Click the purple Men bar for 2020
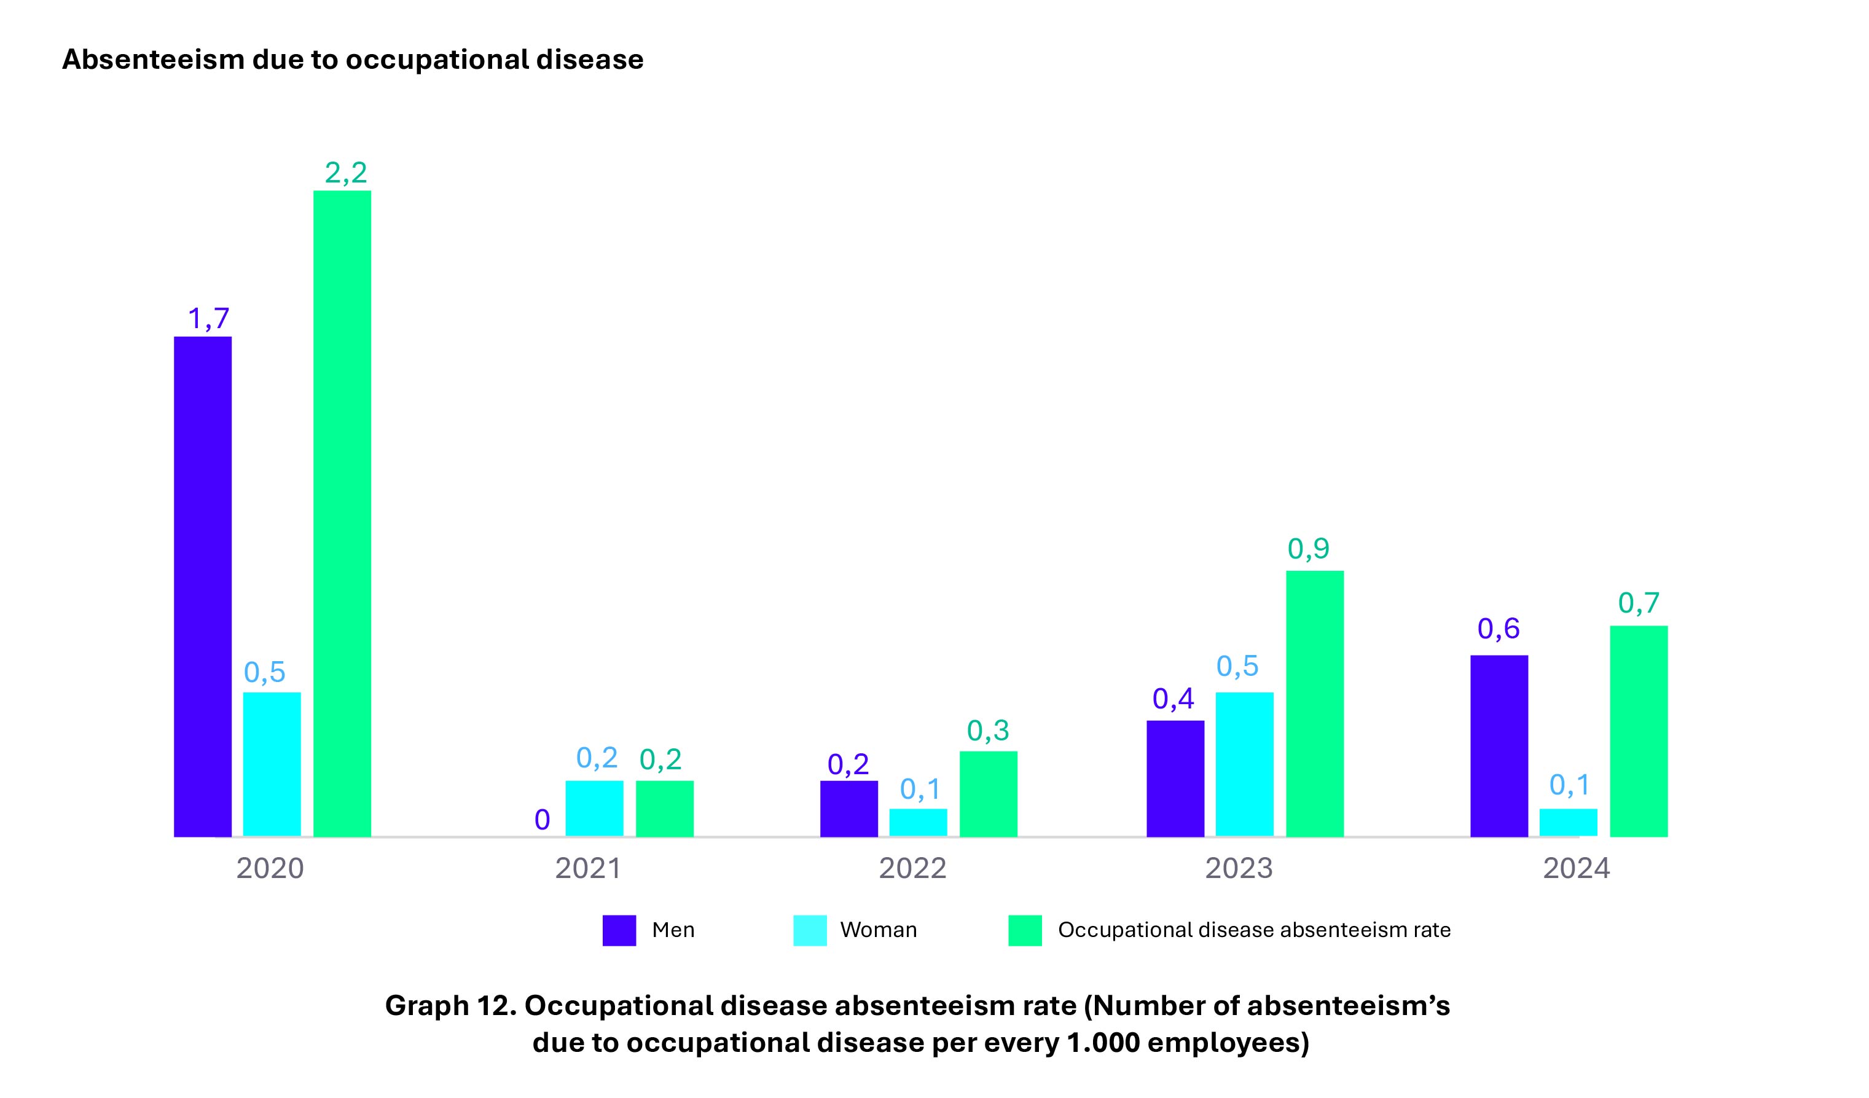(x=203, y=586)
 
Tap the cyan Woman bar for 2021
(x=594, y=808)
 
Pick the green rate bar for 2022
(x=988, y=794)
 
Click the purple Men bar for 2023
(x=1175, y=778)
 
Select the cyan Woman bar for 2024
(x=1568, y=822)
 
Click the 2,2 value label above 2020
(x=346, y=173)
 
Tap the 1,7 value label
(x=208, y=319)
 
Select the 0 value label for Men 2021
(x=542, y=820)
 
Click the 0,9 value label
(x=1308, y=549)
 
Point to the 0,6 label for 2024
(x=1498, y=629)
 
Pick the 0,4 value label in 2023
(x=1174, y=699)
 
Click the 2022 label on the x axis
(x=912, y=869)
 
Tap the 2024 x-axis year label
(x=1576, y=869)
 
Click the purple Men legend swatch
(x=619, y=930)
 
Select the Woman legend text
(x=878, y=930)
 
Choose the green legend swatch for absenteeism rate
(x=1024, y=930)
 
